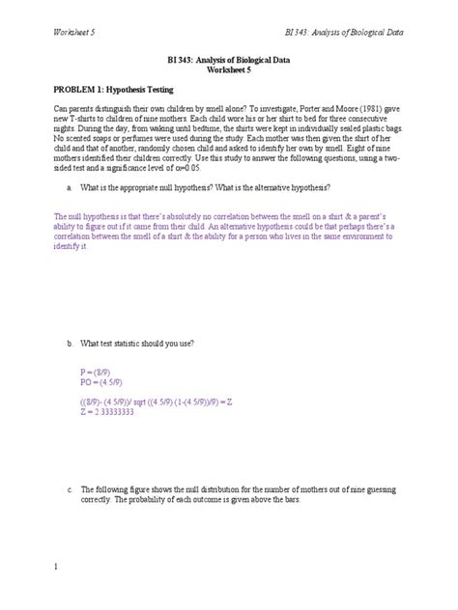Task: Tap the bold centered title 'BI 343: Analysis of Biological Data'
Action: pyautogui.click(x=228, y=60)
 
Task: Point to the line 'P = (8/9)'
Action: pyautogui.click(x=98, y=371)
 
